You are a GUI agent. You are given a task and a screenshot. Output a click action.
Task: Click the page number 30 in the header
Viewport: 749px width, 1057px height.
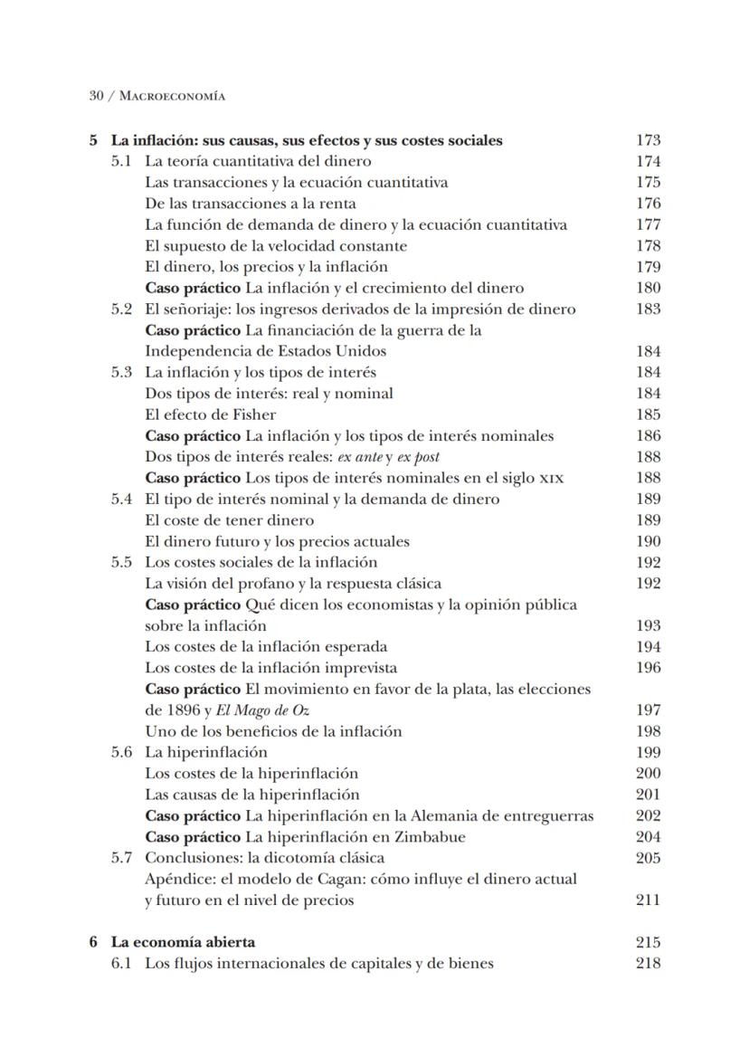pos(96,95)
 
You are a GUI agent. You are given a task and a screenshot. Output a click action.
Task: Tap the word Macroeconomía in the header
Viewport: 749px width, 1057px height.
pos(172,95)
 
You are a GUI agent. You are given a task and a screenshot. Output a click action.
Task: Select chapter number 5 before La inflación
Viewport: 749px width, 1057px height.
pos(93,140)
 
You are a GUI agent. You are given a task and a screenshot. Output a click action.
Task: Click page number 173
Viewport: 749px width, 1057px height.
pos(648,140)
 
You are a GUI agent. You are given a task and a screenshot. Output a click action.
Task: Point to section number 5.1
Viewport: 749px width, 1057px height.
pos(122,161)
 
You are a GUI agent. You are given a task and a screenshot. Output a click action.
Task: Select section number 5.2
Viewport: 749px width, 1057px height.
pos(122,309)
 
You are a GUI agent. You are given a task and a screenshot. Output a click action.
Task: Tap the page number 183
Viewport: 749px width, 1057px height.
pos(648,309)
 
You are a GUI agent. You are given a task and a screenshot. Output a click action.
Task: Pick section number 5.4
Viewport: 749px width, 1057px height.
pos(122,499)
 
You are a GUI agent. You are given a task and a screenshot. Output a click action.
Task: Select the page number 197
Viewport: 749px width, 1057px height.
pos(648,710)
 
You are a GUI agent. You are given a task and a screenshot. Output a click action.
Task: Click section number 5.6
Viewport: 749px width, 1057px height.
pos(122,752)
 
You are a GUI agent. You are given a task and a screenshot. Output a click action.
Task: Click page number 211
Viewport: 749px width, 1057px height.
pos(648,900)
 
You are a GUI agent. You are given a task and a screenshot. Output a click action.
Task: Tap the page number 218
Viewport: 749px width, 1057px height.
pos(648,963)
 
